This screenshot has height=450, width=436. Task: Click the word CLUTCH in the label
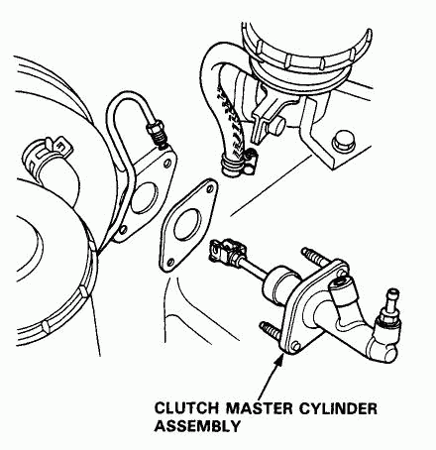point(186,408)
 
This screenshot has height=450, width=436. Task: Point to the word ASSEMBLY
point(197,426)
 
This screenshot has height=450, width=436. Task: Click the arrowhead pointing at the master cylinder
point(279,359)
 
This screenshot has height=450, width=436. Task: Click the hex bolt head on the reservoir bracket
point(344,142)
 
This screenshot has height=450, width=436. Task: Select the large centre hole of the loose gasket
point(187,225)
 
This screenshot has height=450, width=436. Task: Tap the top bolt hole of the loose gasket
point(209,188)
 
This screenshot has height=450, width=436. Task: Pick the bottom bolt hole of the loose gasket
point(170,263)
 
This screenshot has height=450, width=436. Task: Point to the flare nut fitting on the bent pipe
point(158,133)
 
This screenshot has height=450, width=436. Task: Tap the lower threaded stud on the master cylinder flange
point(271,330)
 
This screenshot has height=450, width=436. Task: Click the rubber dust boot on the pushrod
point(279,283)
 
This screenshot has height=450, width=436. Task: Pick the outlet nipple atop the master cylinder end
point(392,299)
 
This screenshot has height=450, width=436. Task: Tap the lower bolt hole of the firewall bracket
point(123,229)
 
